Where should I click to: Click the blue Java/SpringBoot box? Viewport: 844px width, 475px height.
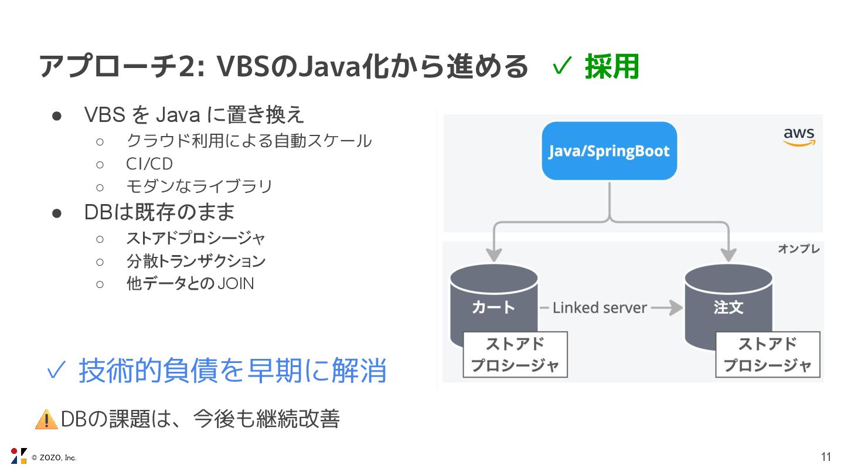tap(609, 151)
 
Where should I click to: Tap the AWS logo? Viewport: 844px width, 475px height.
tap(799, 137)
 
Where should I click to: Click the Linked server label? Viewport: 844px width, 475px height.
tap(599, 308)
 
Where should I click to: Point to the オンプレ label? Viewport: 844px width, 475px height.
tap(798, 249)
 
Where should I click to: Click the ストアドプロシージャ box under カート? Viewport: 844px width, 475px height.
tap(515, 355)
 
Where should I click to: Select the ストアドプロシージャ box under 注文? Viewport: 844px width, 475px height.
tap(767, 355)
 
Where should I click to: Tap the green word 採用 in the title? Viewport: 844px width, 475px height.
tap(611, 67)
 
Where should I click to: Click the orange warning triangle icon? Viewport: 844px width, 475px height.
tap(46, 420)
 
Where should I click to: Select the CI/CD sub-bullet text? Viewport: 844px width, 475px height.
tap(149, 164)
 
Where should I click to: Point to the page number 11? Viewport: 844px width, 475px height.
tap(826, 457)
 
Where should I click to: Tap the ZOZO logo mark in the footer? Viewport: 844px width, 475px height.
tap(19, 456)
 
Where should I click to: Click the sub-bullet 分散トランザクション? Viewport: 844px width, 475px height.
tap(196, 261)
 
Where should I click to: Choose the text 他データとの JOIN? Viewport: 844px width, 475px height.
tap(190, 284)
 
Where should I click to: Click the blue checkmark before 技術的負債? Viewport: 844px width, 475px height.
tap(56, 371)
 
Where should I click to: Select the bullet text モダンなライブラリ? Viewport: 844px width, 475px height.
tap(199, 186)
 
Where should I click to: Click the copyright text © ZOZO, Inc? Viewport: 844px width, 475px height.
tap(54, 457)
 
